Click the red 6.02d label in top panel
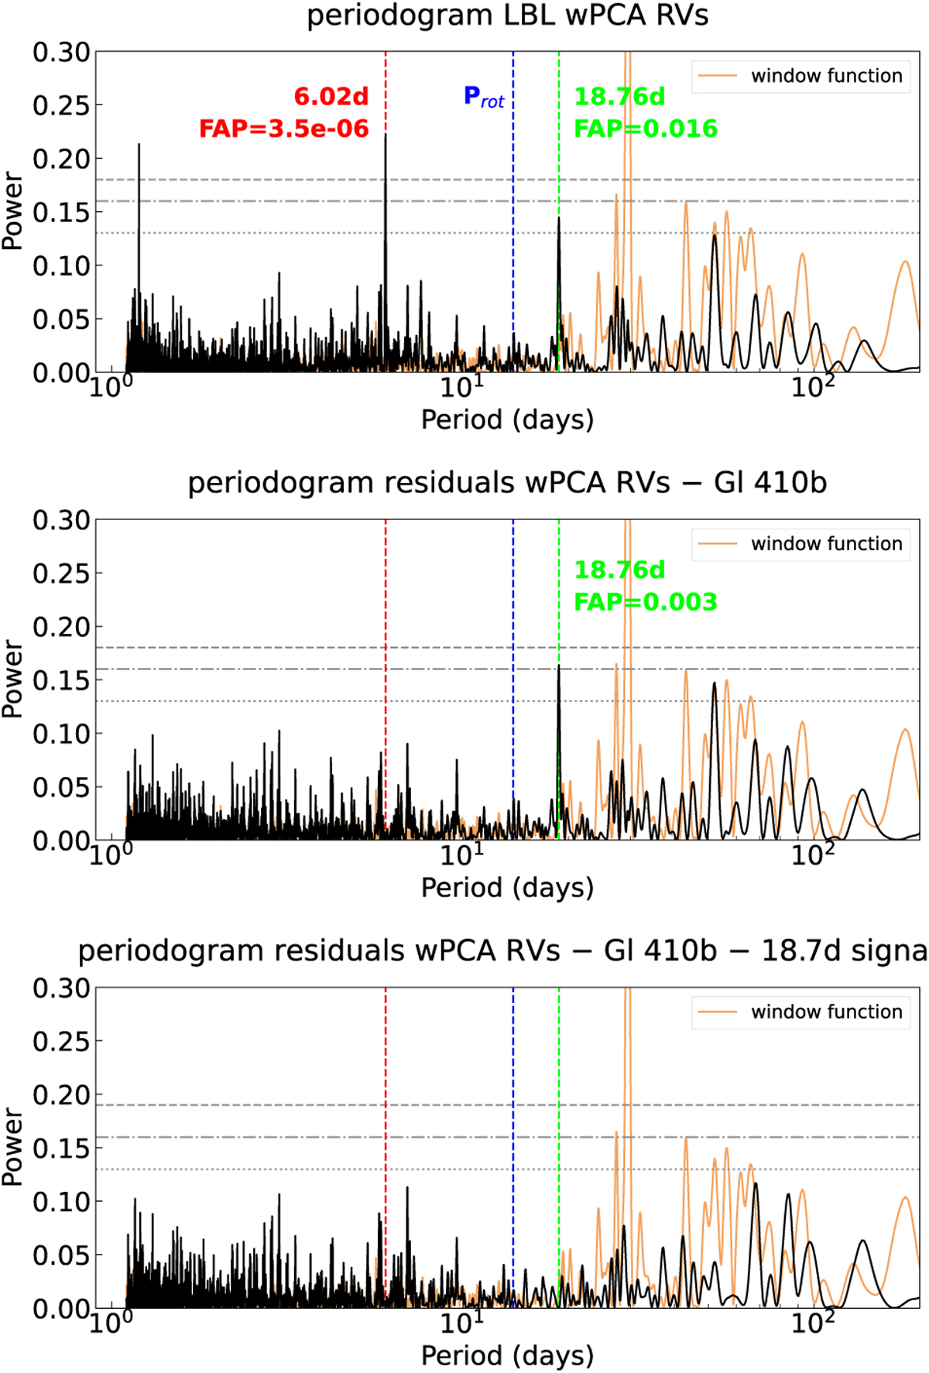(331, 97)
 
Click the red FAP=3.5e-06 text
(283, 128)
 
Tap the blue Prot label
(484, 97)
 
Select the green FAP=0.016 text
(646, 128)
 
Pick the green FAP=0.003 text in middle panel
(646, 602)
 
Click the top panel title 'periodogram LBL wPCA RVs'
(507, 16)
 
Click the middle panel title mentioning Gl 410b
(507, 483)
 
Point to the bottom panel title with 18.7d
(502, 951)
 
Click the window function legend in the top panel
(801, 76)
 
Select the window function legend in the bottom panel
(801, 1012)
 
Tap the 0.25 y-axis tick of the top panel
(61, 105)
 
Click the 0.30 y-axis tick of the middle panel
(61, 520)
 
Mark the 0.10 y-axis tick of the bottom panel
(61, 1202)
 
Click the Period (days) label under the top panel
(507, 420)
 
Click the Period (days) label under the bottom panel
(507, 1356)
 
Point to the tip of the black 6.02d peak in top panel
(386, 135)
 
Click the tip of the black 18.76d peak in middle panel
(559, 667)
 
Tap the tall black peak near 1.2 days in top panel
(139, 145)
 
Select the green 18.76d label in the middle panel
(619, 570)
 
